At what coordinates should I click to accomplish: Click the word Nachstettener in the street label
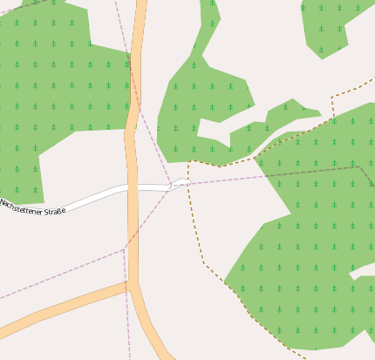click(21, 206)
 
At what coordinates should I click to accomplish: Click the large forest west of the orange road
click(52, 87)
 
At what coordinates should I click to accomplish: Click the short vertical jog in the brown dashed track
click(332, 106)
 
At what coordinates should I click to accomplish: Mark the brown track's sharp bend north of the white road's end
click(189, 162)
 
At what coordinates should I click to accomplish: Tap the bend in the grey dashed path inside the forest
click(358, 166)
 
